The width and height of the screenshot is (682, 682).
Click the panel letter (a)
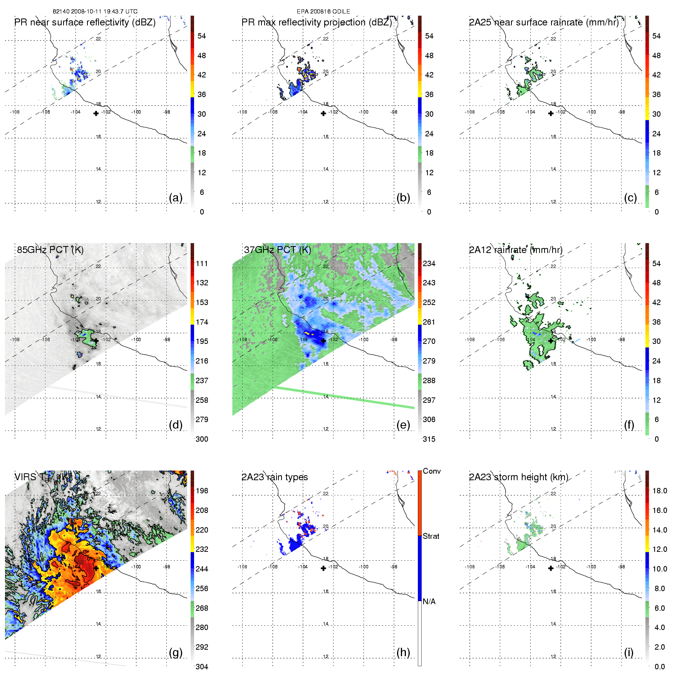176,198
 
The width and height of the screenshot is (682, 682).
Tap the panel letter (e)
403,425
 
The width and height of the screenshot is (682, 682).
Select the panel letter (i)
628,652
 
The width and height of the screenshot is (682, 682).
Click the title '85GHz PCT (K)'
50,250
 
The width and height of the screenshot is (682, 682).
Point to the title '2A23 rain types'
275,477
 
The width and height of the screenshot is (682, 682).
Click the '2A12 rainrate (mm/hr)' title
516,250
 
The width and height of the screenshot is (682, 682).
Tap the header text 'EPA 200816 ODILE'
323,12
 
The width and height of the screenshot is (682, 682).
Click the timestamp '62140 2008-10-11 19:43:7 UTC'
95,12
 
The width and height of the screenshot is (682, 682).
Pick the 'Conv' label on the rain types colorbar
432,471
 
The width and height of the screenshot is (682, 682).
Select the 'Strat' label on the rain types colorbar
431,536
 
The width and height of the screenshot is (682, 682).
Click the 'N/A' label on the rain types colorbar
429,602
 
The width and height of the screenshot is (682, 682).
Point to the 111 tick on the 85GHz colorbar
202,263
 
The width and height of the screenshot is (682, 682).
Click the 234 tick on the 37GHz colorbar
429,263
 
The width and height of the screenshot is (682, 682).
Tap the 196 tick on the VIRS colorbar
202,491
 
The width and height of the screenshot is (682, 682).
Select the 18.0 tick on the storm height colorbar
660,491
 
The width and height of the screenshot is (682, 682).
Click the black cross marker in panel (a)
96,113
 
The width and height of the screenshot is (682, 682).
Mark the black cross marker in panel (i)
551,568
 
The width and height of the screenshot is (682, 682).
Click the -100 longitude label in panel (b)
364,112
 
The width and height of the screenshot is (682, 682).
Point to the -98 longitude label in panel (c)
621,112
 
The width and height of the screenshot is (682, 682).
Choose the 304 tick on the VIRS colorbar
202,667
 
